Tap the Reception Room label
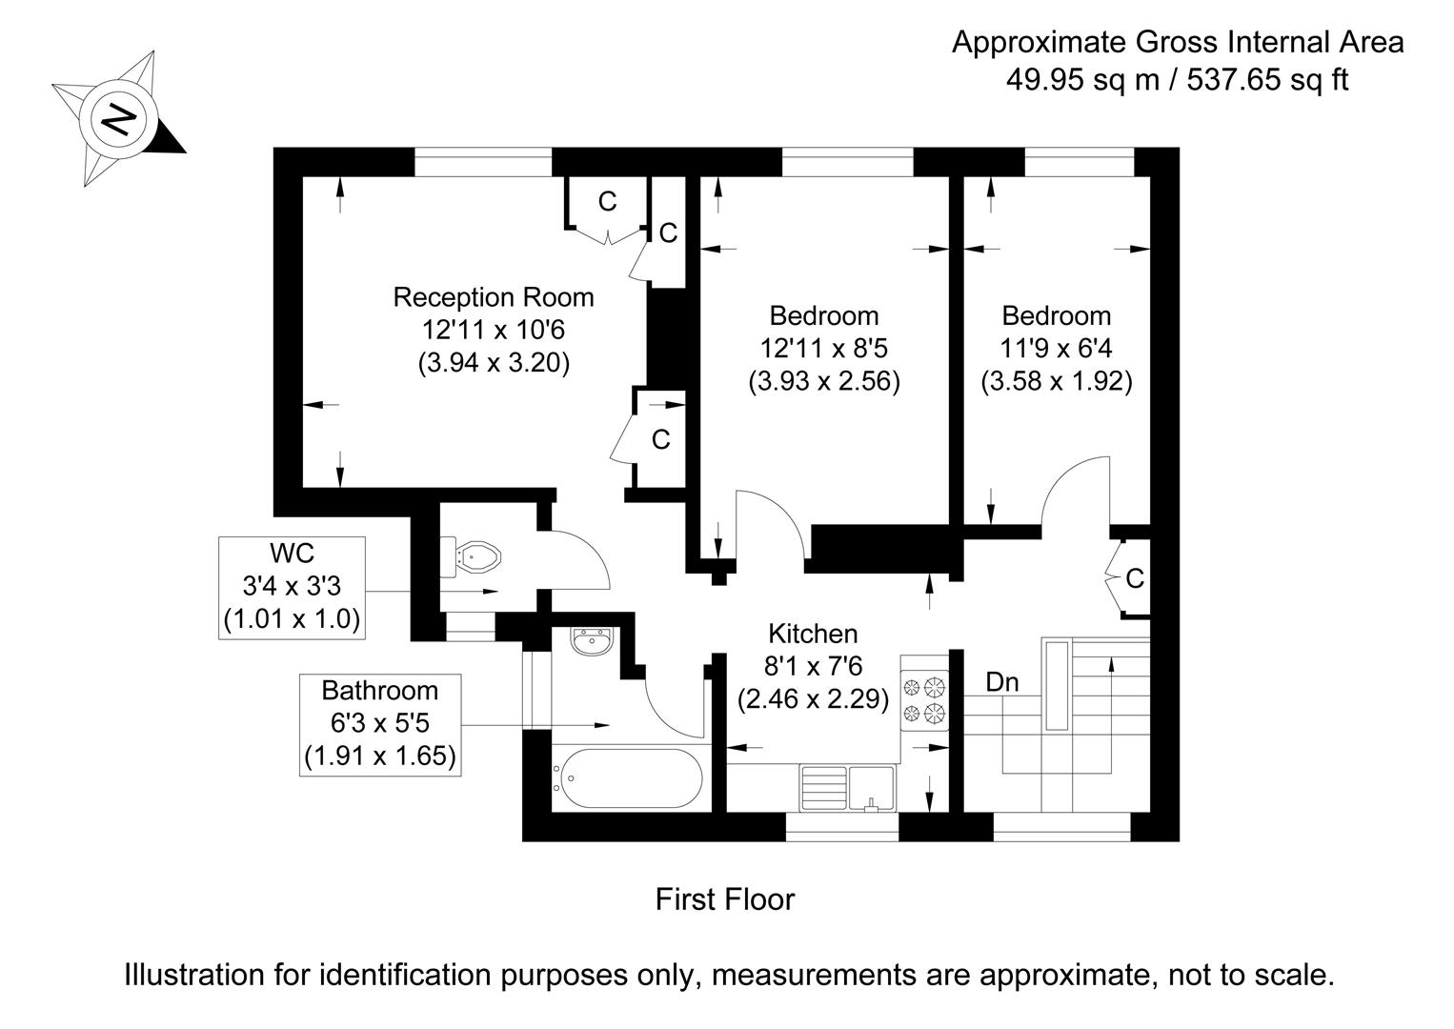[x=494, y=297]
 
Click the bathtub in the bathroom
[x=627, y=778]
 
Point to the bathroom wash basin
[x=591, y=641]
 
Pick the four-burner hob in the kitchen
[x=925, y=700]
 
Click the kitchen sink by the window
[x=848, y=788]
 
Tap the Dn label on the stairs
[x=1001, y=682]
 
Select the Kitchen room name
[x=813, y=634]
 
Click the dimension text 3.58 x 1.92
[x=1056, y=381]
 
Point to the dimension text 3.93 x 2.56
[x=824, y=381]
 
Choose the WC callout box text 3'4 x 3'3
[x=292, y=586]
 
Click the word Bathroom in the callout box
[x=380, y=690]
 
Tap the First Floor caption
[x=724, y=899]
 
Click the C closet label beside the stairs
[x=1135, y=578]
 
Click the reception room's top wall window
[x=483, y=162]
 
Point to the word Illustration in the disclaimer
[x=194, y=975]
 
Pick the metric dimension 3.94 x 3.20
[x=494, y=363]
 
